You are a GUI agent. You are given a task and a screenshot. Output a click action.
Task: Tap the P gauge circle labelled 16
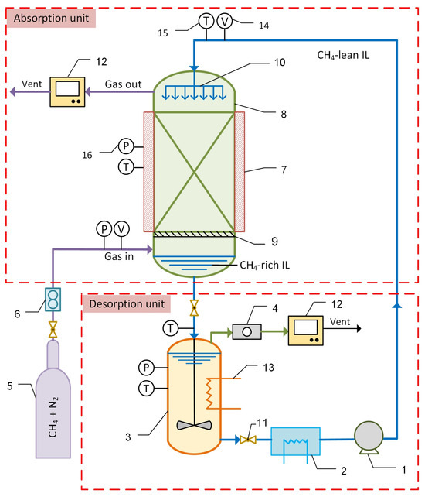point(125,145)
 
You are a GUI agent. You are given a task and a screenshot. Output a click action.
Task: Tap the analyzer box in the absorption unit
point(70,91)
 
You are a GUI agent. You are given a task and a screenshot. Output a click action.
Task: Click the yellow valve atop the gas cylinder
point(52,331)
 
